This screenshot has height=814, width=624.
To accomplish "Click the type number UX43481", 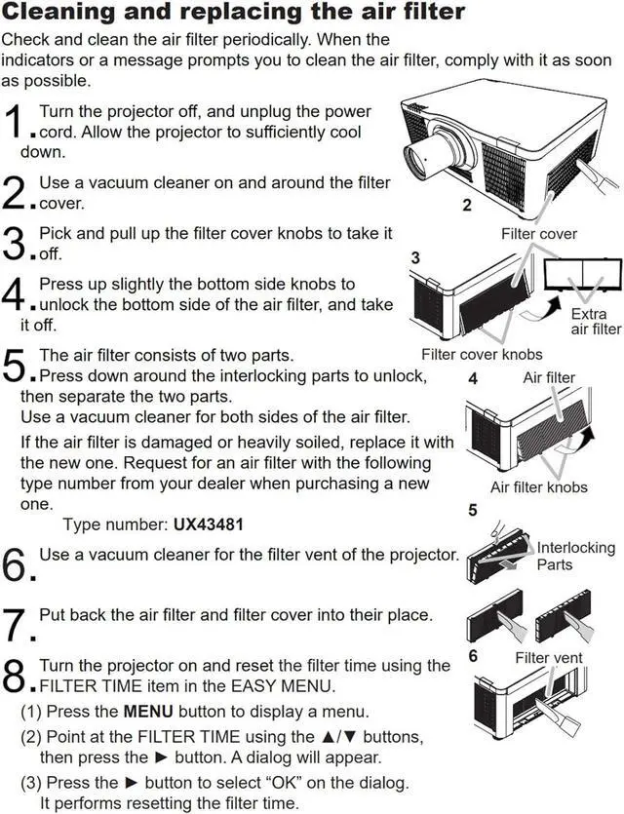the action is click(209, 524).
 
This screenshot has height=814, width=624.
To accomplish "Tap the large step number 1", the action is click(14, 124).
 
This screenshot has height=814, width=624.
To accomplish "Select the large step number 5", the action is click(14, 367).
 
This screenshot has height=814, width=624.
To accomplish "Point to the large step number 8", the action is click(14, 674).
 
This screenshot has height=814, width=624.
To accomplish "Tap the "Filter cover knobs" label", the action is click(482, 354).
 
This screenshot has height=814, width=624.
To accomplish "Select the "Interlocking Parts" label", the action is click(575, 556).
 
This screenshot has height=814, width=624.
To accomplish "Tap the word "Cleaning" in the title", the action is click(65, 14).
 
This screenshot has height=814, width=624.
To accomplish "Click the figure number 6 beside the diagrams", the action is click(474, 656).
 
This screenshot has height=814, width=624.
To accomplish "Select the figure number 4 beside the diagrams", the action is click(473, 379).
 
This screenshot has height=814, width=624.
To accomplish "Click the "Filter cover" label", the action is click(539, 234).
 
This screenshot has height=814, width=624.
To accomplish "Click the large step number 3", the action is click(14, 244).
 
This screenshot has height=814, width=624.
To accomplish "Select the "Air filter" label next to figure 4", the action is click(549, 377).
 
